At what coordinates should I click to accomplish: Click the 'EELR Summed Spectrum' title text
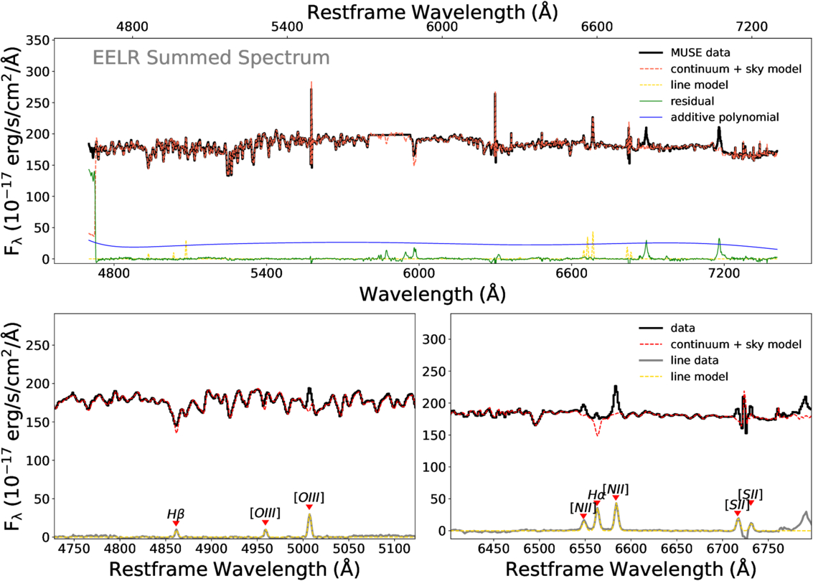tap(211, 57)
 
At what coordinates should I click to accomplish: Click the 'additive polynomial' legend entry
tap(724, 117)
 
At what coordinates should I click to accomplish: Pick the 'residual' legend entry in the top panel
tap(690, 101)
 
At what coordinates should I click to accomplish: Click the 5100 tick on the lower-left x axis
tap(395, 551)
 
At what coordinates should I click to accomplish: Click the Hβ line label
tap(176, 514)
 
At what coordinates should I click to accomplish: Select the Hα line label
tap(596, 495)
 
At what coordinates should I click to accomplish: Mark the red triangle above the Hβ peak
tap(176, 524)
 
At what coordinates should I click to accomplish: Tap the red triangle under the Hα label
tap(597, 504)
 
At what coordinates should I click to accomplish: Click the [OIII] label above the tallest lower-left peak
tap(309, 497)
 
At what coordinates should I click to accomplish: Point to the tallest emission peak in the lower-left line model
tap(309, 514)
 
